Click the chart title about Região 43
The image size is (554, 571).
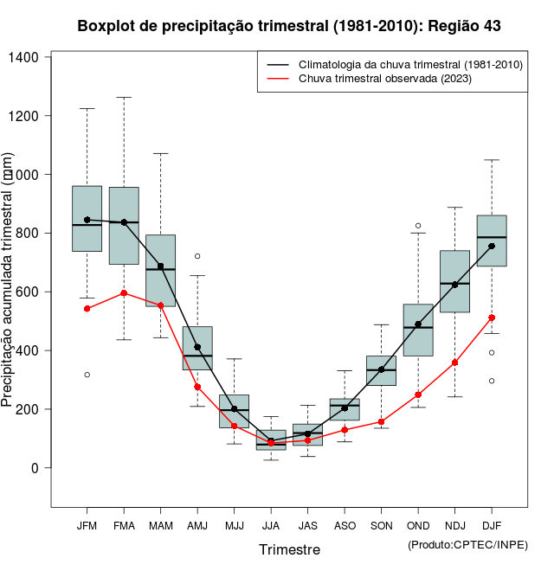click(x=289, y=26)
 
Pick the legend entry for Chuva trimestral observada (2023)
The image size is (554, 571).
click(x=384, y=80)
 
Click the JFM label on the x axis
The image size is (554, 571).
click(x=87, y=525)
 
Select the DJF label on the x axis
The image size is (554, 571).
click(x=492, y=525)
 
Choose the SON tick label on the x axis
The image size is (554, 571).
click(x=382, y=525)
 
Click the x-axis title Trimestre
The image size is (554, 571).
click(x=289, y=549)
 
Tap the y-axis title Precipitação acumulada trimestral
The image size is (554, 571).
click(x=8, y=279)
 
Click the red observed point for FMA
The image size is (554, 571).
click(x=124, y=293)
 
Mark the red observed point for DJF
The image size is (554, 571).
click(x=492, y=318)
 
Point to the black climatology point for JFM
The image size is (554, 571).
click(x=87, y=220)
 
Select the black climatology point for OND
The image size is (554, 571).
click(x=418, y=324)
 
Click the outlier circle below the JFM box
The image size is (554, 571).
click(x=87, y=375)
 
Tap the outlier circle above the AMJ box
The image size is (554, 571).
click(x=197, y=256)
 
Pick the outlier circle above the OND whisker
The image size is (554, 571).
click(x=418, y=226)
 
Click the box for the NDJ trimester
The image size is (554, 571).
click(x=454, y=281)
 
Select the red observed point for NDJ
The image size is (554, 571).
click(x=454, y=362)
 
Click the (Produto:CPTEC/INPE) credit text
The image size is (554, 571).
click(x=467, y=544)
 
